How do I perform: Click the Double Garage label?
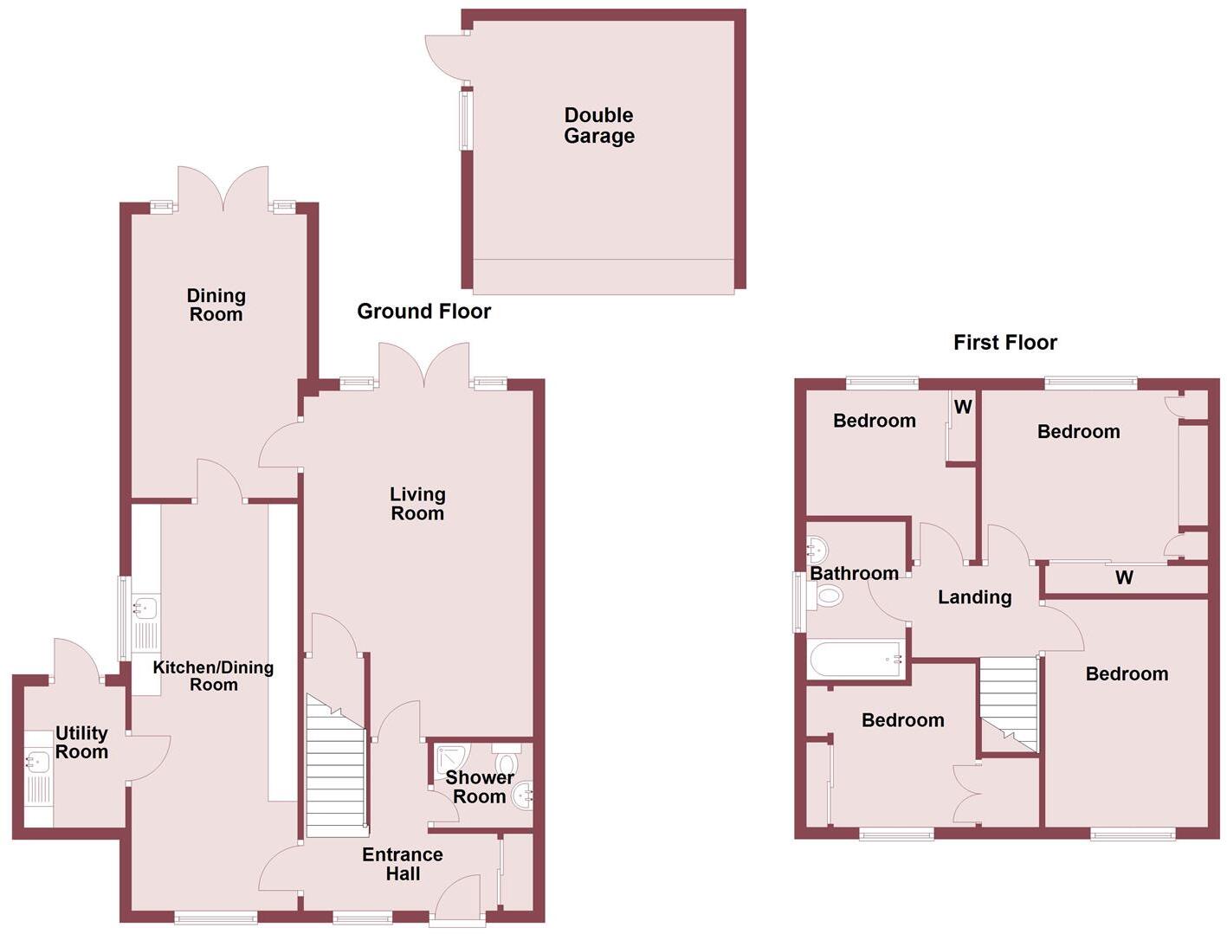[599, 126]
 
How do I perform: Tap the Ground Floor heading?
[423, 312]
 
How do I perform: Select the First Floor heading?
[1004, 343]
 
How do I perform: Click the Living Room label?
[417, 504]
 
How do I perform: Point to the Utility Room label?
[81, 743]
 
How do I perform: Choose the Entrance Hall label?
[403, 864]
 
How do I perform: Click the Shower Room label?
[480, 787]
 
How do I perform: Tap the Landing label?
[974, 597]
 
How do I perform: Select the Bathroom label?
[854, 573]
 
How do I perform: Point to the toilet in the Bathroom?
[827, 596]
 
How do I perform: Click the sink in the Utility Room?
[36, 763]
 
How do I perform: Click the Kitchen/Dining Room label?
[213, 675]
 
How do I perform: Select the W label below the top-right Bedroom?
[1124, 577]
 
